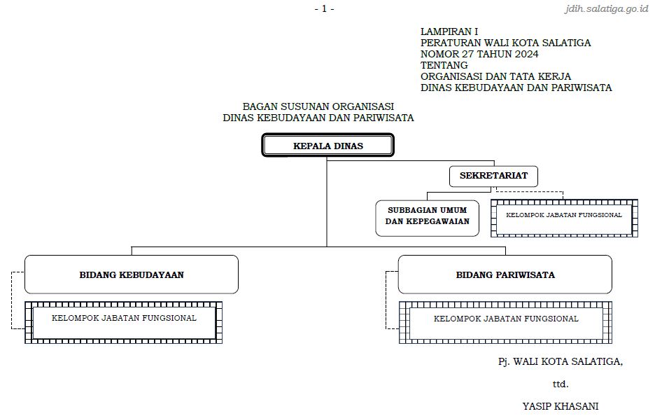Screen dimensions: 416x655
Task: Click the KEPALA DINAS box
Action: coord(328,146)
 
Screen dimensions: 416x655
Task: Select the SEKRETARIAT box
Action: coord(493,176)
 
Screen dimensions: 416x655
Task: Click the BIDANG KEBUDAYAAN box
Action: coord(132,275)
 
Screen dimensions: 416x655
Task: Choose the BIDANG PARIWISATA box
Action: coord(505,275)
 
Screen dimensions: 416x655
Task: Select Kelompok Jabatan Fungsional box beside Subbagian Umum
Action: coord(564,216)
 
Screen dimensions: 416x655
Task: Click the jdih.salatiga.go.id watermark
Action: coord(607,9)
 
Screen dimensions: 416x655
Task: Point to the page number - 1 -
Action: coord(324,8)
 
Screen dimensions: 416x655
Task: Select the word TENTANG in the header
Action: coord(444,65)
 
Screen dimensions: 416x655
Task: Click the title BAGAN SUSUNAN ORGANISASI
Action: coord(318,106)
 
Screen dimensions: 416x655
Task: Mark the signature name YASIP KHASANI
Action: coord(560,405)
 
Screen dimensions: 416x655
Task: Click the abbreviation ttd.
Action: coord(560,384)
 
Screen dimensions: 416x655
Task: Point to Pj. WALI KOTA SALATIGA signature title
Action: coord(560,361)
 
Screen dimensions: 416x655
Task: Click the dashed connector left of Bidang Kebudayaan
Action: coord(12,301)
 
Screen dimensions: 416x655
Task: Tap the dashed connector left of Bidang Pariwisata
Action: coord(386,301)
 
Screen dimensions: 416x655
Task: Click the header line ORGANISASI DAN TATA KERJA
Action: coord(495,76)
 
